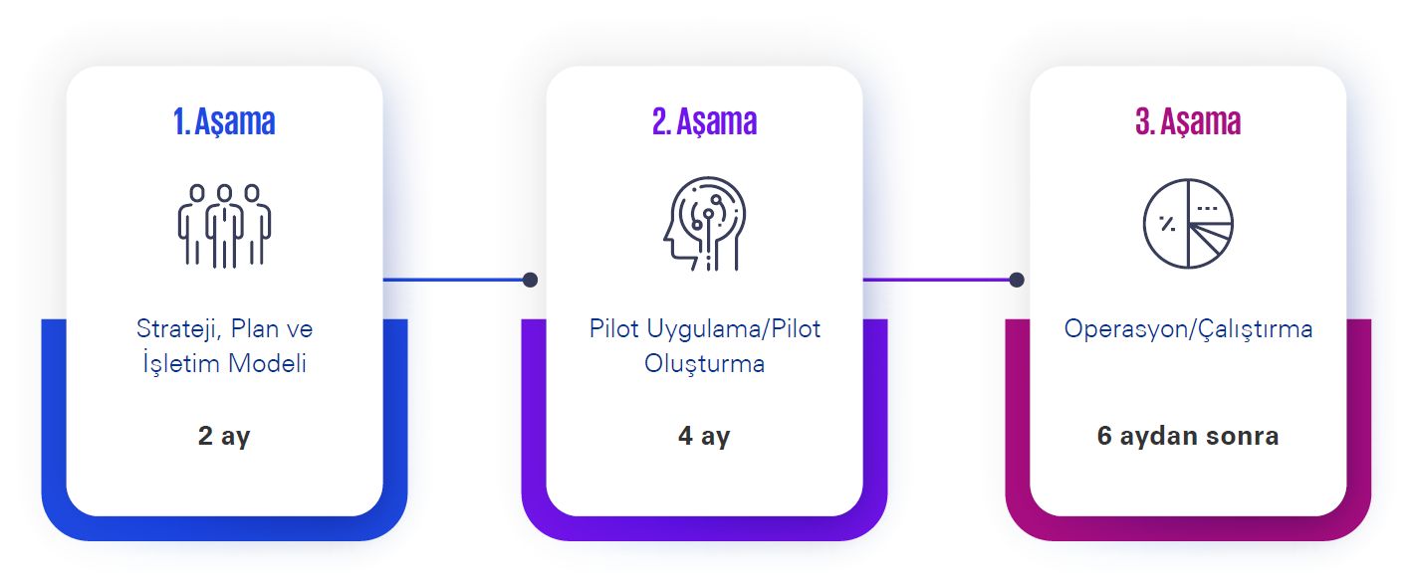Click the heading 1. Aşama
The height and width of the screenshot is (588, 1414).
[x=224, y=121]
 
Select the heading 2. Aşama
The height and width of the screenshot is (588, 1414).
[x=704, y=121]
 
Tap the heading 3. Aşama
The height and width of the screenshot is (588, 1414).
[x=1188, y=121]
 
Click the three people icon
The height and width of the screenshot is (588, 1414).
[x=224, y=226]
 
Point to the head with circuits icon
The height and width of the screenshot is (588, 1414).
[x=704, y=223]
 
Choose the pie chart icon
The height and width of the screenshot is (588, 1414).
[x=1188, y=223]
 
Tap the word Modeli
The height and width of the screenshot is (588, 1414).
[x=267, y=363]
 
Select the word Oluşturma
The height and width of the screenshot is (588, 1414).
[x=704, y=364]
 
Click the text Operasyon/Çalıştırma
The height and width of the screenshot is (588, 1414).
[x=1188, y=329]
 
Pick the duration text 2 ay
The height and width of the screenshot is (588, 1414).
[x=224, y=436]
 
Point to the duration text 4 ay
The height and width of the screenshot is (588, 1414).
[x=704, y=436]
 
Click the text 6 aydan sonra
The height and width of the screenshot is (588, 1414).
[x=1188, y=436]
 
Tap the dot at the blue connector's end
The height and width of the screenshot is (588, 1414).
[x=530, y=280]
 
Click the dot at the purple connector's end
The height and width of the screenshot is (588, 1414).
[x=1017, y=280]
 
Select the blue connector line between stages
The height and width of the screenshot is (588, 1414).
[x=453, y=280]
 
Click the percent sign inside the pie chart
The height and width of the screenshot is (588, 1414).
[x=1167, y=223]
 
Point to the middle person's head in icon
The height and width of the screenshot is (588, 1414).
[x=224, y=193]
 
